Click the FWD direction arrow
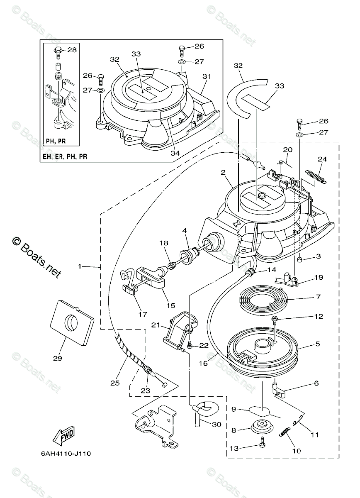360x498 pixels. click(x=63, y=436)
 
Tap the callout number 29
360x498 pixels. click(x=58, y=358)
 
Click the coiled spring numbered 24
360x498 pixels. click(x=316, y=175)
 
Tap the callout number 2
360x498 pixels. click(x=223, y=172)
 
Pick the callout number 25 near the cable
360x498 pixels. click(x=115, y=383)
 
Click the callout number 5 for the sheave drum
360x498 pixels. click(x=317, y=344)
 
